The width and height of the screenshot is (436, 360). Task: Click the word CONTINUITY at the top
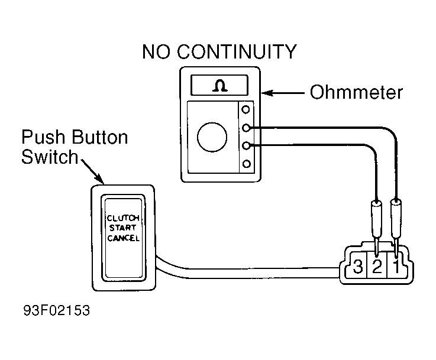pyautogui.click(x=237, y=51)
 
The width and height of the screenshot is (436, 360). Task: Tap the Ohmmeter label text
pyautogui.click(x=356, y=92)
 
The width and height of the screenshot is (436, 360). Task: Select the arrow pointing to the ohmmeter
pyautogui.click(x=283, y=93)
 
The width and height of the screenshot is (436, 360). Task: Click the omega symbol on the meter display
pyautogui.click(x=220, y=86)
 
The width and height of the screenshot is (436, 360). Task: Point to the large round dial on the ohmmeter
pyautogui.click(x=212, y=137)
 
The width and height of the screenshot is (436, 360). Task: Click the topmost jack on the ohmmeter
pyautogui.click(x=246, y=109)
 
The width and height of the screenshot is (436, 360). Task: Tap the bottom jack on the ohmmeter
pyautogui.click(x=247, y=164)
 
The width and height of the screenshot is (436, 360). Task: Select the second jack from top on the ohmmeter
pyautogui.click(x=246, y=128)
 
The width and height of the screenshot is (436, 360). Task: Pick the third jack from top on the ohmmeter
pyautogui.click(x=246, y=145)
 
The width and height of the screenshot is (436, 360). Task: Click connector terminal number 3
pyautogui.click(x=358, y=266)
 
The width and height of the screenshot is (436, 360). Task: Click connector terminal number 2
pyautogui.click(x=377, y=266)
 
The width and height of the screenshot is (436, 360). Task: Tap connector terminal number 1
pyautogui.click(x=396, y=266)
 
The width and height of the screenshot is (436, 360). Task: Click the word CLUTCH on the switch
pyautogui.click(x=123, y=218)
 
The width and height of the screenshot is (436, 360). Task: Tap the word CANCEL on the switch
pyautogui.click(x=123, y=238)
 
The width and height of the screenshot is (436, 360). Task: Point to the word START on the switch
pyautogui.click(x=122, y=228)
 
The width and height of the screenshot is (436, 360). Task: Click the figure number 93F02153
pyautogui.click(x=57, y=310)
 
